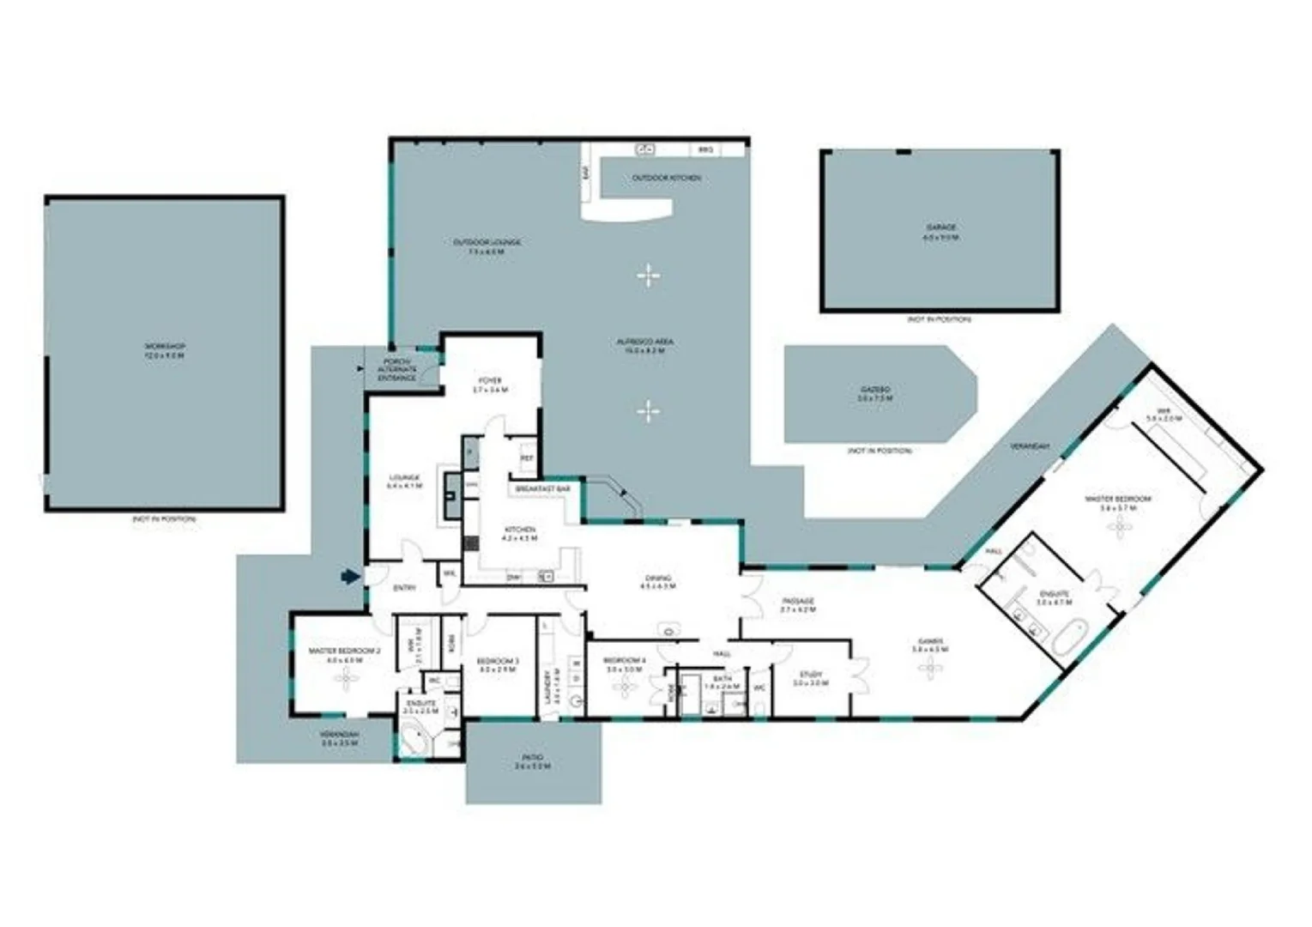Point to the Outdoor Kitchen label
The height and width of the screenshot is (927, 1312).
(x=667, y=178)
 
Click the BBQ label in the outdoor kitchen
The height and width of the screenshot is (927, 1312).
(x=705, y=150)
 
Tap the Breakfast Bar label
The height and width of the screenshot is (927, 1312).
(x=543, y=488)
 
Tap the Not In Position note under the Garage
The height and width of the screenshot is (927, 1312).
(x=940, y=319)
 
